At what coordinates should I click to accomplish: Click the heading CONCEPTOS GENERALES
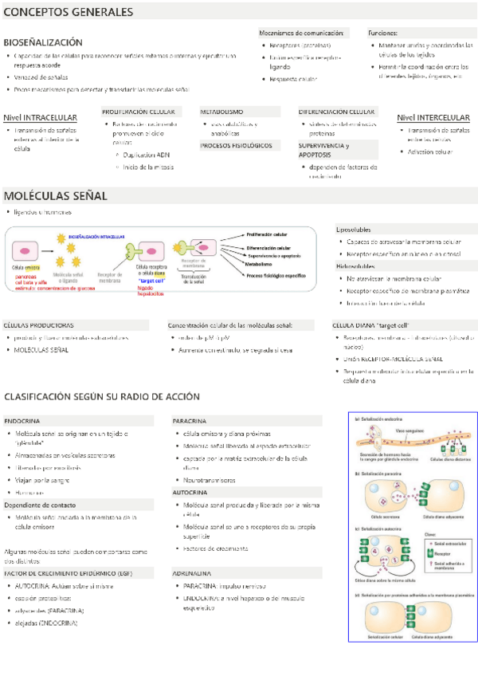pos(68,13)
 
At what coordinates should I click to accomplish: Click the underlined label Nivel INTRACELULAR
pos(40,118)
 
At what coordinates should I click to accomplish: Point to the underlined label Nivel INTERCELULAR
pos(433,118)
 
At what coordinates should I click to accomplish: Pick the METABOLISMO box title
pos(221,112)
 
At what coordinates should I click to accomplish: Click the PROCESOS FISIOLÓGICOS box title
pos(236,146)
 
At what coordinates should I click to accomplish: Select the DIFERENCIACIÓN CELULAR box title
pos(336,112)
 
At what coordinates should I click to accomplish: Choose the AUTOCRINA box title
pos(190,493)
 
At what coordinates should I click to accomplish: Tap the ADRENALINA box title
pos(191,572)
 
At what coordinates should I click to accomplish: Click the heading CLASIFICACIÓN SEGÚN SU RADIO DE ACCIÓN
pos(102,396)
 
